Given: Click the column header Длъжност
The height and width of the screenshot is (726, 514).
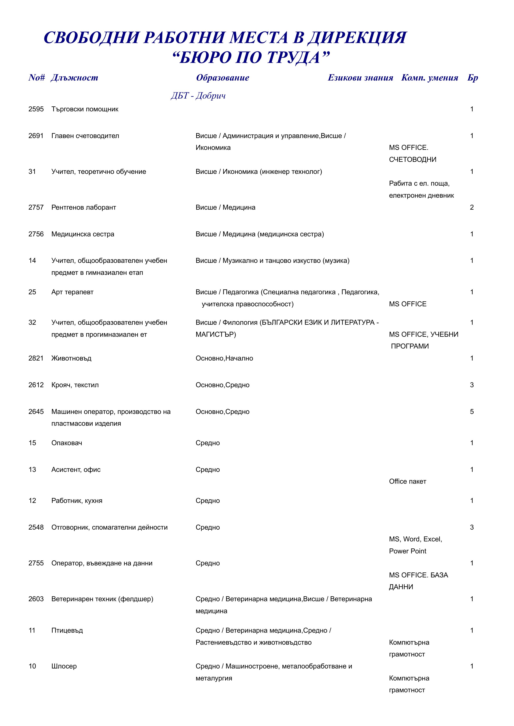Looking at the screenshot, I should pos(74,78).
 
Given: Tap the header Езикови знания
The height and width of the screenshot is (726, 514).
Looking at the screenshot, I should pos(360,78).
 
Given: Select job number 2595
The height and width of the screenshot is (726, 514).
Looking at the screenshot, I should pos(36,109).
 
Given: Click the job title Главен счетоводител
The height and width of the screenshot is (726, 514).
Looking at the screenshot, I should pos(85,136).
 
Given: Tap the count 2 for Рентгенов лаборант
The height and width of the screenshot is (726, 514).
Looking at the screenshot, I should pos(472,207).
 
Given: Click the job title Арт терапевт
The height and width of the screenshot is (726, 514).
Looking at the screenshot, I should pos(73,292).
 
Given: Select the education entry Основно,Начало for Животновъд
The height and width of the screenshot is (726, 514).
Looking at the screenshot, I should pos(224,358).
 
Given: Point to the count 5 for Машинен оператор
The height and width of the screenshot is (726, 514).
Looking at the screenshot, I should pos(472,412).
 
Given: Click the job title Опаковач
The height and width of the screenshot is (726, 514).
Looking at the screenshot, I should pos(67,443).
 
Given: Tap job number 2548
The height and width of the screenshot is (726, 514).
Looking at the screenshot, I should pos(36,527).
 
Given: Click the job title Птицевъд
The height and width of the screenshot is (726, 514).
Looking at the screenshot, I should pos(67,631).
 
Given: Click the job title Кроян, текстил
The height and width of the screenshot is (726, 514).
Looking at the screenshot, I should pos(75,385).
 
